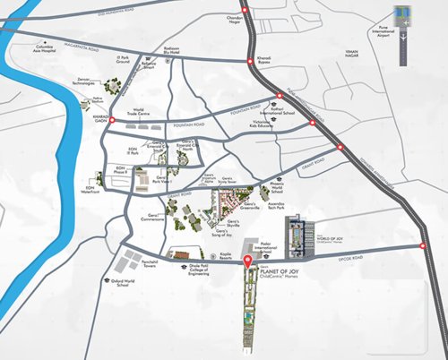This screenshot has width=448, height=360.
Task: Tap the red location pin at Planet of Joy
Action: pyautogui.click(x=248, y=263)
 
